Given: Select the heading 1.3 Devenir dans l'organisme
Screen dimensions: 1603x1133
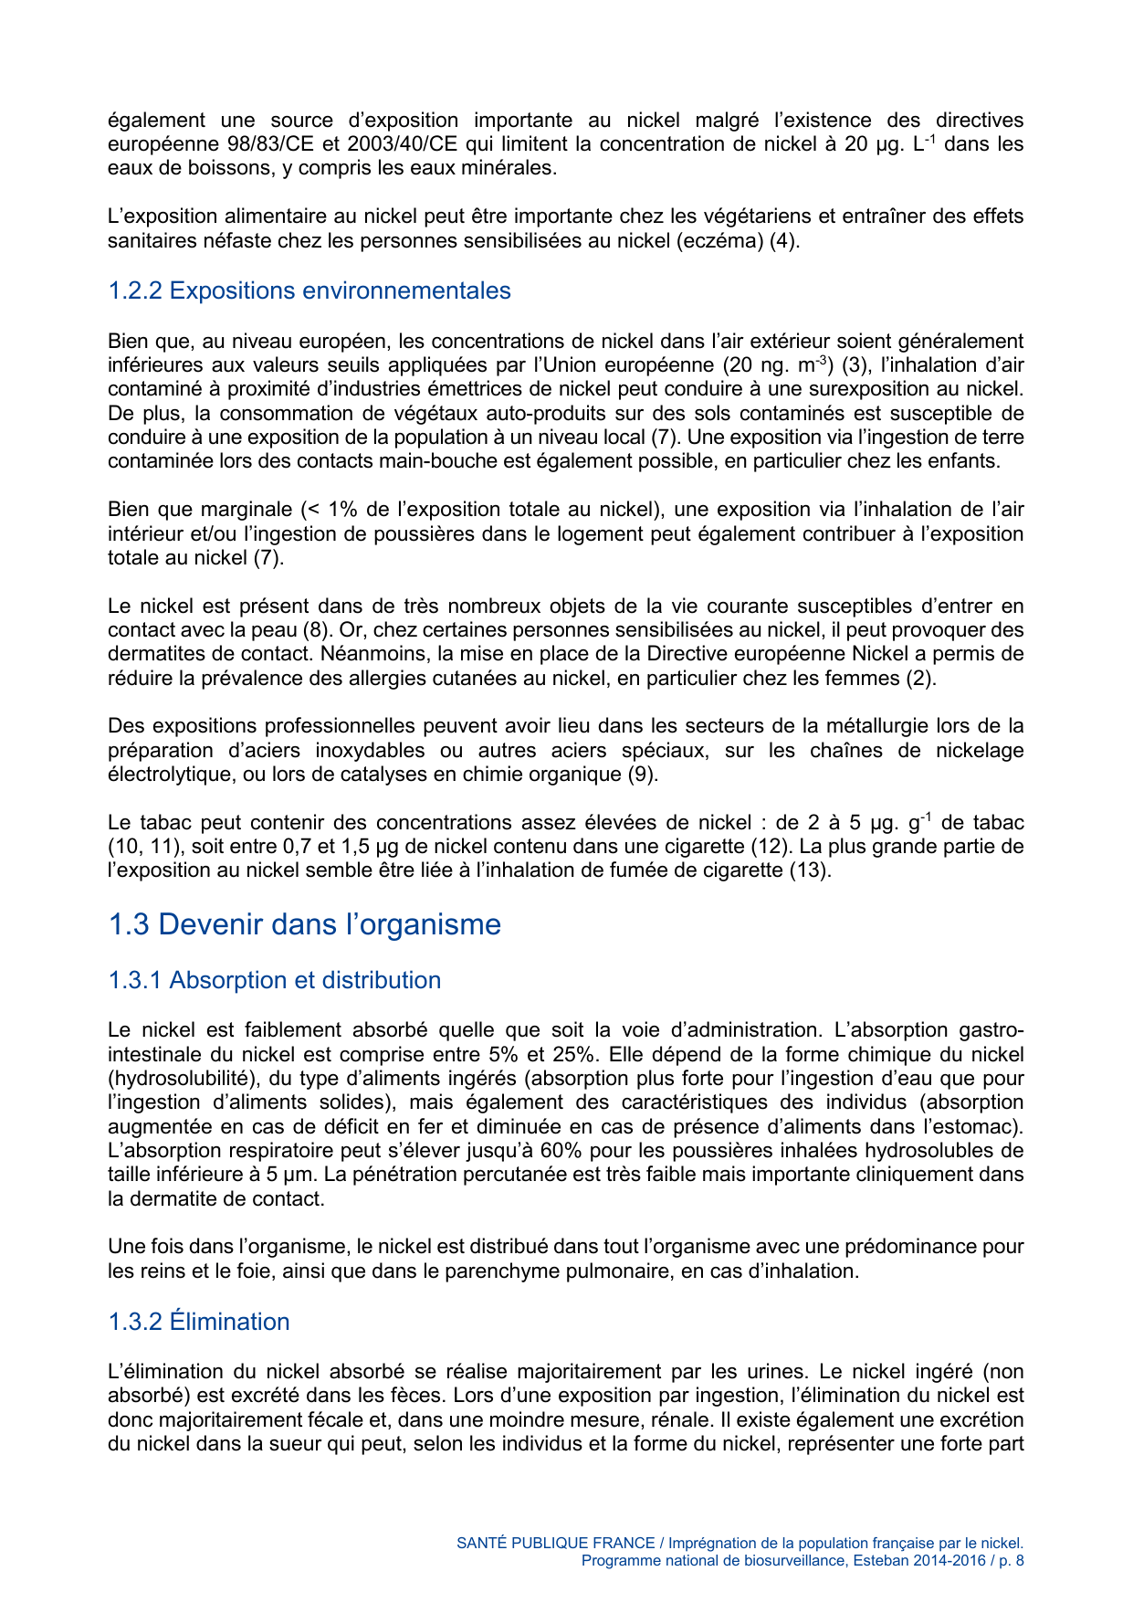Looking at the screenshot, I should pos(304,924).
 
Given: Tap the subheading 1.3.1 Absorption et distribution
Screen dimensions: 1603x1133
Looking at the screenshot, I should pos(274,980).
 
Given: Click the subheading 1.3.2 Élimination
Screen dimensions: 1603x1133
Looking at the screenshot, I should pos(198,1322).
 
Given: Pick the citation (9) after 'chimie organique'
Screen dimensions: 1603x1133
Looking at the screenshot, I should pos(642,775).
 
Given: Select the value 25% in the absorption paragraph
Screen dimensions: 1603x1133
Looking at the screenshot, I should pos(572,1054).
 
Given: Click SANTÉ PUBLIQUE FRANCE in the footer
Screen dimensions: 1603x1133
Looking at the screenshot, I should pos(555,1543).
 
